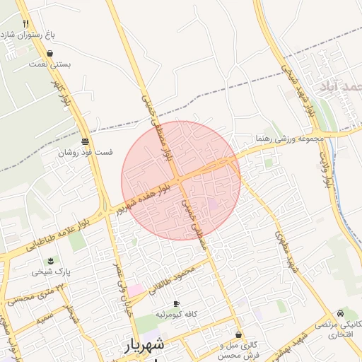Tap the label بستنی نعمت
pyautogui.click(x=48, y=64)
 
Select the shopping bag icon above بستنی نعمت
pyautogui.click(x=49, y=53)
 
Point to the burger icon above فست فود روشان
pyautogui.click(x=86, y=141)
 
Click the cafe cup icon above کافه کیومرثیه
pyautogui.click(x=177, y=303)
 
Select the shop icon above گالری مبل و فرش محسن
pyautogui.click(x=238, y=334)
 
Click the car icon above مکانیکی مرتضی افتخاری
pyautogui.click(x=341, y=313)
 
